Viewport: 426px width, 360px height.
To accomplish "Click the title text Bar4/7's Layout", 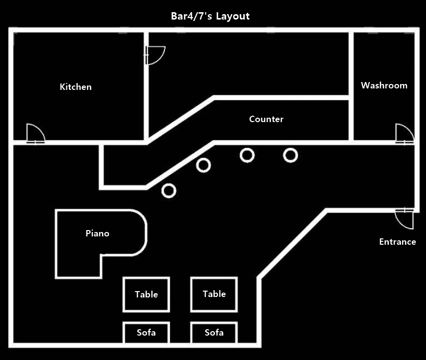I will click(210, 16).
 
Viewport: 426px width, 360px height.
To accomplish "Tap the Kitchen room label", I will click(76, 87).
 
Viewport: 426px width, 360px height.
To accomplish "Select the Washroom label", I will click(384, 85).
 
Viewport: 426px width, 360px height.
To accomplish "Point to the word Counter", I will click(266, 119).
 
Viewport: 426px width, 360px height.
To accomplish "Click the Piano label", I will click(97, 233).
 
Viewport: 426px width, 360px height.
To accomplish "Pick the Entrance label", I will click(398, 242).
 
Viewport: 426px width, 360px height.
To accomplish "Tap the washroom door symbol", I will click(405, 133).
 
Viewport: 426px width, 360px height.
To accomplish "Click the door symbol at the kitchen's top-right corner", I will click(155, 55).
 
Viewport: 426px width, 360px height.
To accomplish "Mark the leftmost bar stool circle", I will click(169, 191).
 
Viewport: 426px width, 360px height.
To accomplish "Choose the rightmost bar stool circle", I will click(291, 155).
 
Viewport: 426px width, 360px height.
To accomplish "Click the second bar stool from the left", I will click(204, 165).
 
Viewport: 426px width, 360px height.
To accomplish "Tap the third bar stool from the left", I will click(247, 155).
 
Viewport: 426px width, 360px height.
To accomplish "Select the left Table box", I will click(146, 294).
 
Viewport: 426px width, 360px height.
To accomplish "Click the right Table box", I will click(214, 294).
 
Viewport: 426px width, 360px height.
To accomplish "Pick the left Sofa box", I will click(146, 333).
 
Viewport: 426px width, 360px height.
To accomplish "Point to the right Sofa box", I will click(214, 333).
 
